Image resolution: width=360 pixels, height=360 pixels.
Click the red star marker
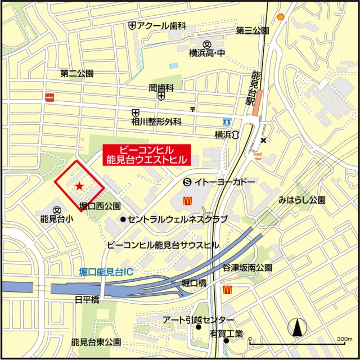coord(79,186)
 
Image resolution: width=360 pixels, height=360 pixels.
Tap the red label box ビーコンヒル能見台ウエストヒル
coord(146,155)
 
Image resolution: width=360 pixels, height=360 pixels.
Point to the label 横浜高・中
coord(206,53)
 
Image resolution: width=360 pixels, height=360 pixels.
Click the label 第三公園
coord(253,30)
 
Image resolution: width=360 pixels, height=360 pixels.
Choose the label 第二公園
coord(77,73)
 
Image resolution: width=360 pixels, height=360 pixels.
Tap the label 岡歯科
coord(161,88)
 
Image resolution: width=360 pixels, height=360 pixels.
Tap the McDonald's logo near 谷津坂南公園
coord(228,290)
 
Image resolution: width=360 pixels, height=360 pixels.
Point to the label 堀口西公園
coord(100,206)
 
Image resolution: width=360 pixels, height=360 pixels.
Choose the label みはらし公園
coord(302,200)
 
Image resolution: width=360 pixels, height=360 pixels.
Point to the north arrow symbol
coord(296,328)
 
